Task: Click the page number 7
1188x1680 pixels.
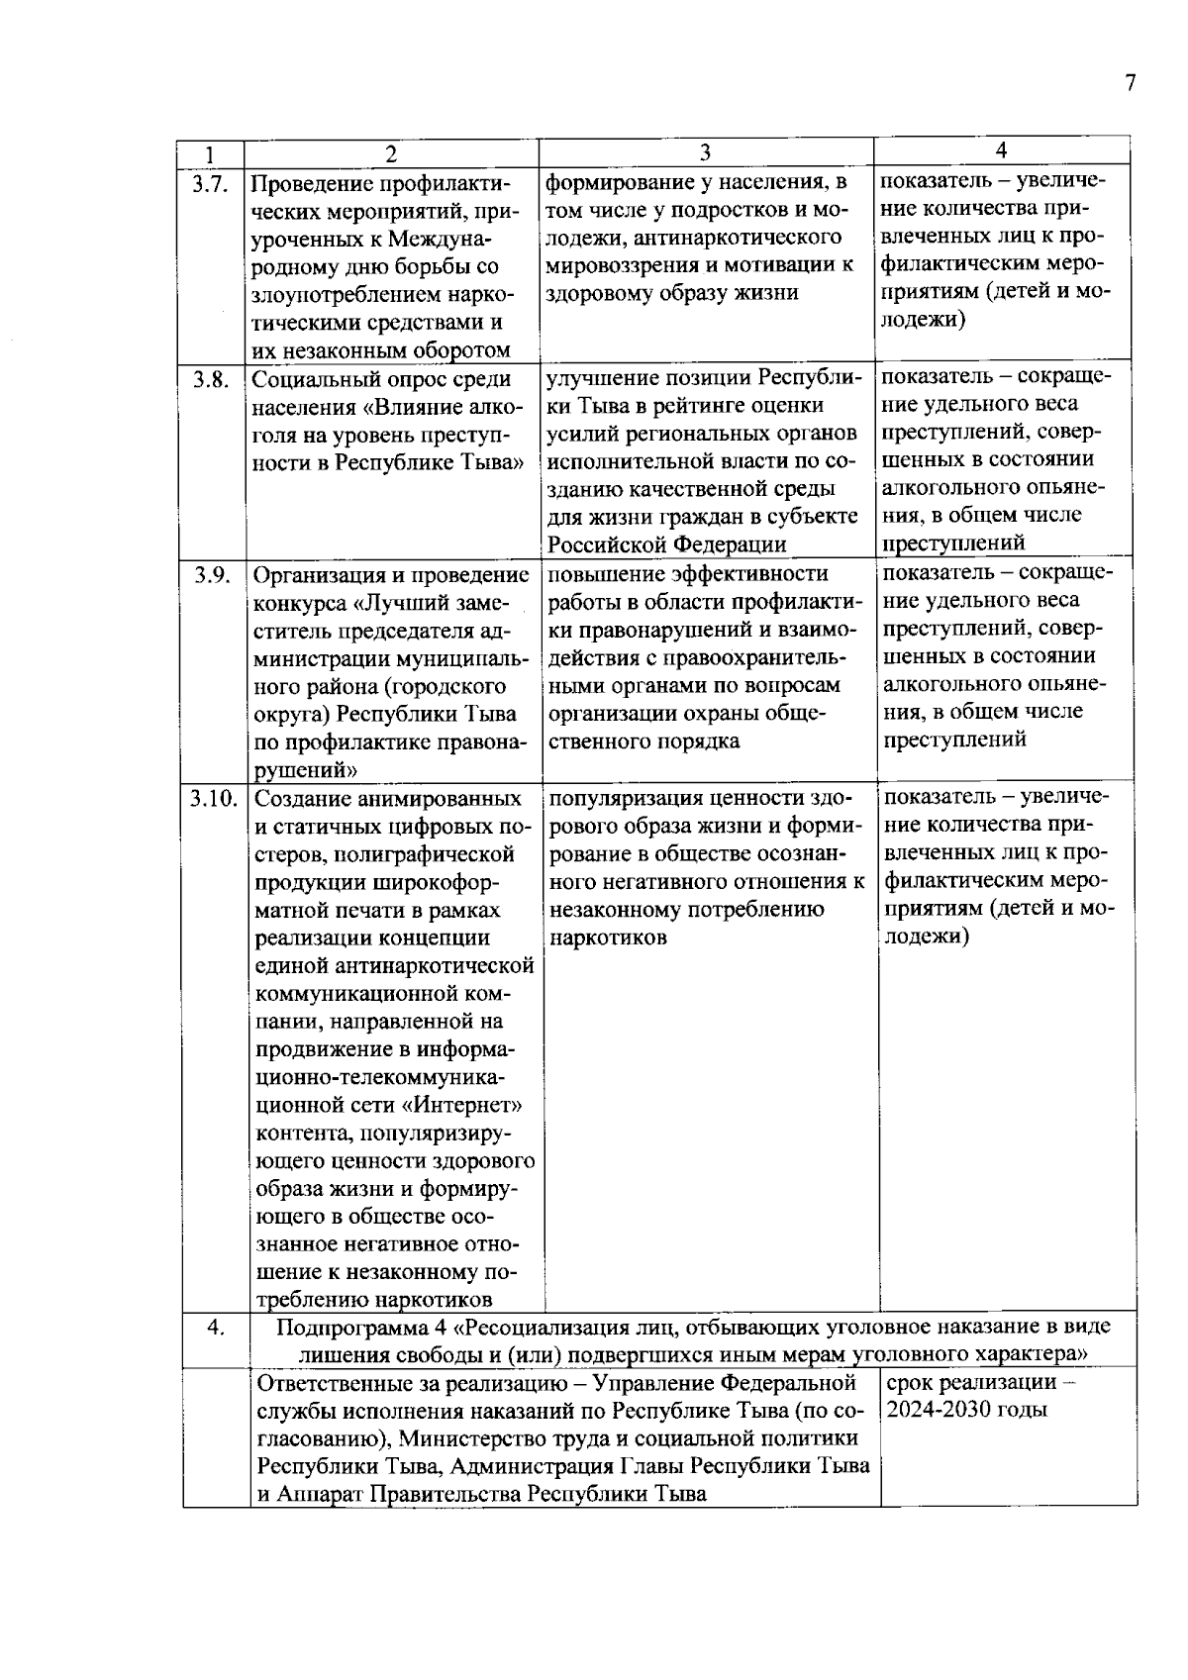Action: tap(1130, 83)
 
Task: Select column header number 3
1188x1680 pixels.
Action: tap(705, 152)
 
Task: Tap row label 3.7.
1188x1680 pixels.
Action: tap(211, 183)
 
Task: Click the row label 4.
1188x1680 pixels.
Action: tap(215, 1327)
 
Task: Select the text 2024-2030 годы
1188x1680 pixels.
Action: tap(966, 1410)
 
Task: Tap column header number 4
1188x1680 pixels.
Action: tap(1001, 150)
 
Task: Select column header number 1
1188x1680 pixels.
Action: tap(210, 154)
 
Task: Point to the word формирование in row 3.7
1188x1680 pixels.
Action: tap(613, 182)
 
